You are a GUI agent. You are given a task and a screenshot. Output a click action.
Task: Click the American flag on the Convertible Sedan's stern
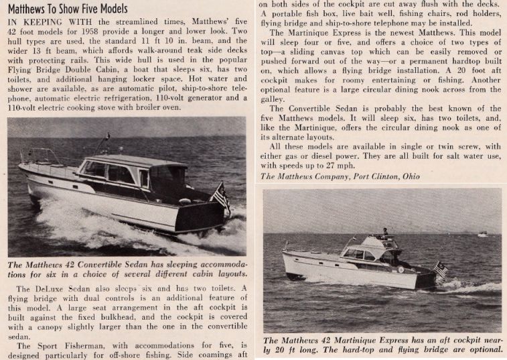pyautogui.click(x=220, y=194)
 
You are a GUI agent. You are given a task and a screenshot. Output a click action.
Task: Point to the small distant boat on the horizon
pyautogui.click(x=482, y=234)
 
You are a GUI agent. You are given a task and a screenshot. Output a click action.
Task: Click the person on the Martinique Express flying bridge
pyautogui.click(x=384, y=233)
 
